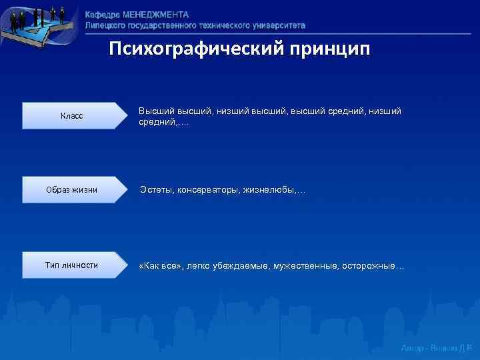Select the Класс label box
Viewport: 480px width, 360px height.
(72, 116)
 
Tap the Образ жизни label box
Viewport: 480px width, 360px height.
(72, 190)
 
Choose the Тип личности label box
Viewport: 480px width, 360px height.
(72, 265)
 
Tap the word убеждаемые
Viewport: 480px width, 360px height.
(239, 266)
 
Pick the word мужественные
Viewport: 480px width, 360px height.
(305, 266)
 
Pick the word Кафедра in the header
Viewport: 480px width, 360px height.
(103, 15)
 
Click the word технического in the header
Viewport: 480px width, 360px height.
(222, 25)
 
